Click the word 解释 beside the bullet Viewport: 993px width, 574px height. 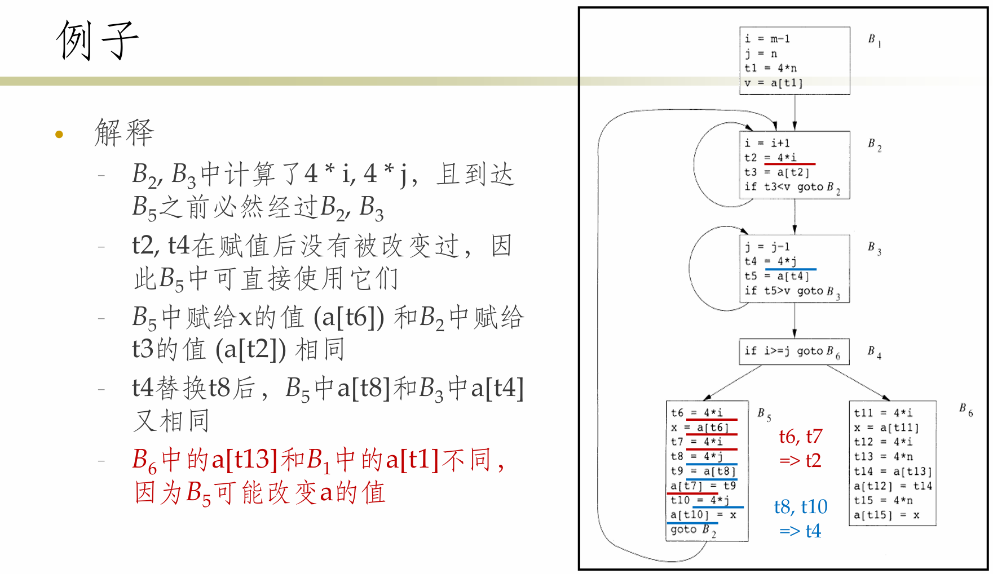(124, 133)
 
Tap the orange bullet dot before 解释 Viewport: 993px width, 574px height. (59, 134)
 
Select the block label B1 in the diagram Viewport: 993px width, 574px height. (875, 40)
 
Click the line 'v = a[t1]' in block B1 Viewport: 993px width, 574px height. (773, 83)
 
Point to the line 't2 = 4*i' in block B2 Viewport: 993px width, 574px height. (770, 158)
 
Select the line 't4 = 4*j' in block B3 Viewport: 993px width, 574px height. (770, 261)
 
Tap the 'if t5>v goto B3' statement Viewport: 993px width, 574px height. (792, 291)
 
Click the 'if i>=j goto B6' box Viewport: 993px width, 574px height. (794, 351)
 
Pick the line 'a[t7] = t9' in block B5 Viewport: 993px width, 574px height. (703, 486)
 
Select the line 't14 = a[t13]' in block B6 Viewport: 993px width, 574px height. (893, 471)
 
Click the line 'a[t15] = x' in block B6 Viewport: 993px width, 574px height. (886, 515)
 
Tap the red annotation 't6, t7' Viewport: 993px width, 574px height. (801, 436)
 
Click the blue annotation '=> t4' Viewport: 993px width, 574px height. (800, 531)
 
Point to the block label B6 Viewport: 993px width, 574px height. (966, 410)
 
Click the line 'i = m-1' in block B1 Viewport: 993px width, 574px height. (767, 39)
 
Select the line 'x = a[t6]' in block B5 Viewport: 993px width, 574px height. (700, 428)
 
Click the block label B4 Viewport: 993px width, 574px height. (875, 352)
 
